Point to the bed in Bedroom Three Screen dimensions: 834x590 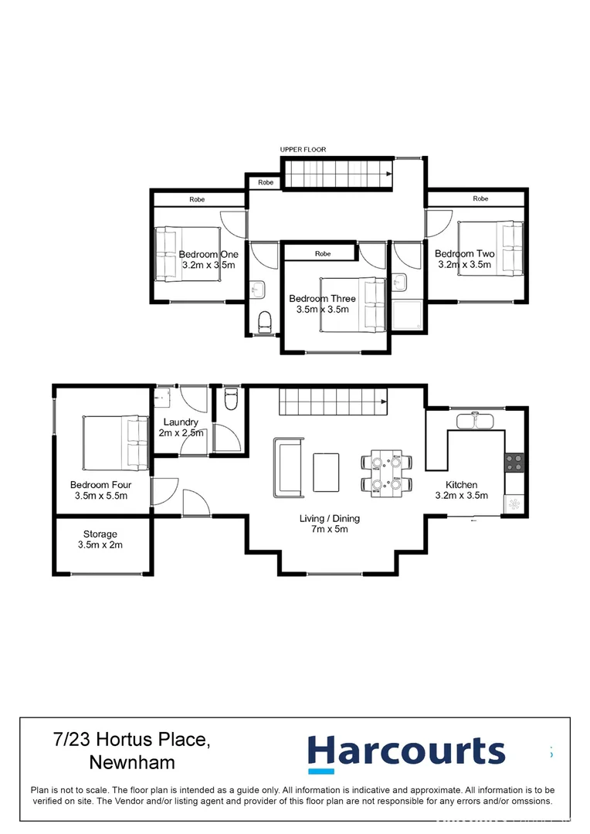click(352, 303)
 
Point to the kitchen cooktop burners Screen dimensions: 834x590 click(515, 463)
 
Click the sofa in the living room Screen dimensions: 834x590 click(287, 467)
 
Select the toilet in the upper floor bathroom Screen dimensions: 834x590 click(264, 320)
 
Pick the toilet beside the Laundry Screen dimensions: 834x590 click(230, 400)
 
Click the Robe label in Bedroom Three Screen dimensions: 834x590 click(323, 253)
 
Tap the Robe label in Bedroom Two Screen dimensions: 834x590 click(480, 198)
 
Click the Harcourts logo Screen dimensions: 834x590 click(406, 753)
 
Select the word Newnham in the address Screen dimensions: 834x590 click(132, 762)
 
